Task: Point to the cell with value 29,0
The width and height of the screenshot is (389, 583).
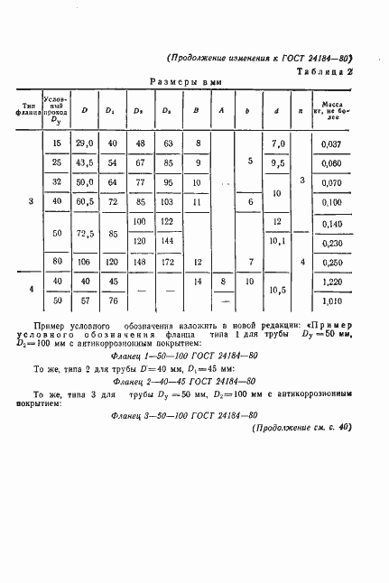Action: pos(85,143)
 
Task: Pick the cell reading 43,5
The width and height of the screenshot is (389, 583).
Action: pos(85,163)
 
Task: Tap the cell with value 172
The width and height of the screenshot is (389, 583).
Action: pos(167,262)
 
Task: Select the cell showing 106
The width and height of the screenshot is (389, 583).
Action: pos(85,262)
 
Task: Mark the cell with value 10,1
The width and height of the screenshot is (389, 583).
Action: pos(278,242)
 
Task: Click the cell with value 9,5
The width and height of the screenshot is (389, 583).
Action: pos(278,163)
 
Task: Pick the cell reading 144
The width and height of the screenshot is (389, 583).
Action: pos(167,242)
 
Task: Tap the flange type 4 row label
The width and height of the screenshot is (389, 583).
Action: pos(32,291)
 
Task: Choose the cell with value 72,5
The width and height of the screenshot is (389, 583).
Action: pos(85,232)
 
